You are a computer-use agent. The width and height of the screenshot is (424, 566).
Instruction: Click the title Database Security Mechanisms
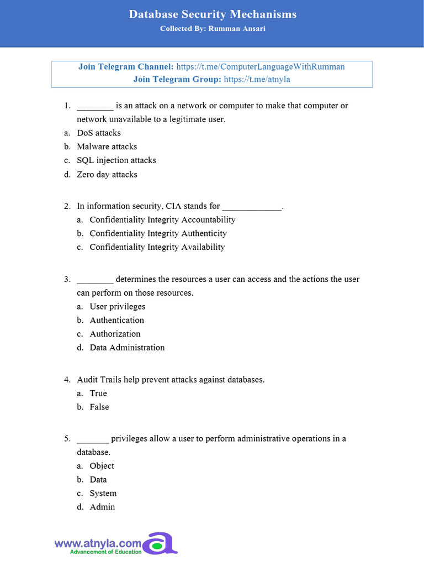tap(213, 14)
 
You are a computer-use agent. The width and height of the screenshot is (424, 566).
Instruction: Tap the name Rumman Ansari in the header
tap(237, 29)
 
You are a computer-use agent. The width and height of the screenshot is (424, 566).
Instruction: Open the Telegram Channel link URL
tap(260, 67)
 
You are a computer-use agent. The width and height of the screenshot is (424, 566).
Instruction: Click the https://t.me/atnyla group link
tap(257, 79)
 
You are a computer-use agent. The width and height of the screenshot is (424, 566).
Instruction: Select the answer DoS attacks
tap(99, 133)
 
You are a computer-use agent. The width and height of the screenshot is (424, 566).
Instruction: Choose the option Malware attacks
tap(107, 147)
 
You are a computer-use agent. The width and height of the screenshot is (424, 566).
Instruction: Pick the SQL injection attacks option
tap(116, 160)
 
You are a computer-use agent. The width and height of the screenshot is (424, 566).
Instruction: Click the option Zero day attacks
tap(107, 175)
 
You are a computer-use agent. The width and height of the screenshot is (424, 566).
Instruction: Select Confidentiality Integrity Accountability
tap(162, 220)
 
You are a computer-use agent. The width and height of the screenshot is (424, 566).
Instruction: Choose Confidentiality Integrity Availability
tap(157, 247)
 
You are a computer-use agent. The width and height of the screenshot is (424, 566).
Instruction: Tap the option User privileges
tap(118, 307)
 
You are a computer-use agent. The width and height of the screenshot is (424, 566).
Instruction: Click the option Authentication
tap(117, 321)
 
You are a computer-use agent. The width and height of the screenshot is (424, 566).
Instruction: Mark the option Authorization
tap(115, 334)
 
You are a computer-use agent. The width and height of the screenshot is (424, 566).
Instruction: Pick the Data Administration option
tap(127, 348)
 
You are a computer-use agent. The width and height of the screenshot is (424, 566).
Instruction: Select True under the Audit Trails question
tap(98, 394)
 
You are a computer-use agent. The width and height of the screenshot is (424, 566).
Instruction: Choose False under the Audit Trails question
tap(99, 407)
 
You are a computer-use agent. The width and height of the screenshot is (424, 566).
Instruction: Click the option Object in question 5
tap(102, 466)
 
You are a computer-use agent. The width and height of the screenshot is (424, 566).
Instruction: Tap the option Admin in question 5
tap(102, 507)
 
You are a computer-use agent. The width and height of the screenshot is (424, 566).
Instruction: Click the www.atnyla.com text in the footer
tap(98, 543)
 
